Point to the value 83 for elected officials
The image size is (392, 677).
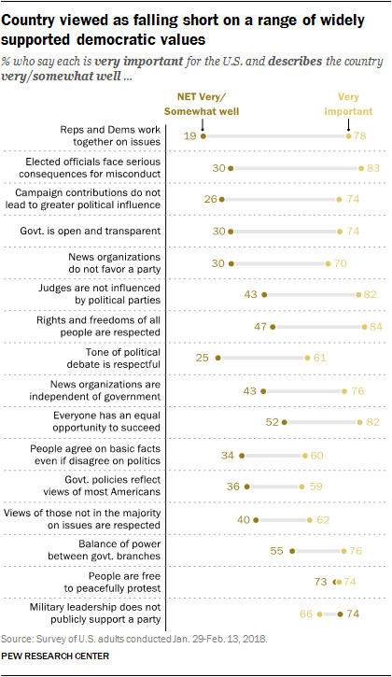tap(373, 168)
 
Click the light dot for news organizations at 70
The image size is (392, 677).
tap(328, 263)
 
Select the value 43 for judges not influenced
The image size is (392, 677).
tap(250, 295)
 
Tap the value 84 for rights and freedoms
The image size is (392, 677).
tap(376, 327)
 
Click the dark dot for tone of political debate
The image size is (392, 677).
tap(217, 359)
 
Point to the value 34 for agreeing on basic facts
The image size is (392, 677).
tap(227, 455)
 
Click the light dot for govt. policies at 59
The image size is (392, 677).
tap(301, 487)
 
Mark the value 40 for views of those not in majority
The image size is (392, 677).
tap(242, 518)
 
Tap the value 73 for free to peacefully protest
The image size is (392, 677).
tap(320, 582)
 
